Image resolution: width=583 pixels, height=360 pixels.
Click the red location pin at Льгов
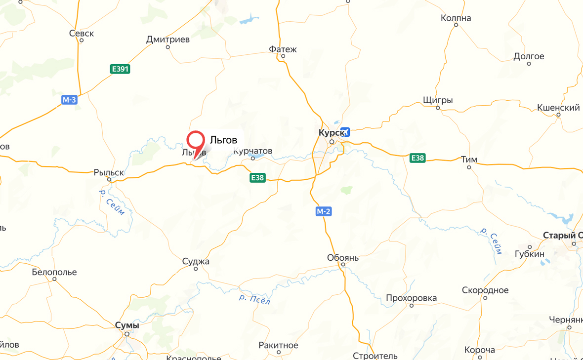point(196,141)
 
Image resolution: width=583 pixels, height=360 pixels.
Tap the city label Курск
point(330,133)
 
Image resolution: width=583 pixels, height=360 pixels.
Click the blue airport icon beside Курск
point(345,132)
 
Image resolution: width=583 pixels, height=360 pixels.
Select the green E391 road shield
point(120,69)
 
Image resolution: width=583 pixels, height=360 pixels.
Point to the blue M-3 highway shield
point(69,100)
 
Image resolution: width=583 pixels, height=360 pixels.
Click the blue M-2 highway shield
point(324,211)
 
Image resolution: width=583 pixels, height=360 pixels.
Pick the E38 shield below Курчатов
point(257,178)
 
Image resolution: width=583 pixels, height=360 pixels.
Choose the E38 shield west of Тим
point(417,158)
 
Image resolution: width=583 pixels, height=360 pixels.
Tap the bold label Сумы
point(127,325)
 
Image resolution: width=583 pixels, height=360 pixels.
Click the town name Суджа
point(196,261)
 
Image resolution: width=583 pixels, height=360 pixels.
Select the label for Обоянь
point(343,258)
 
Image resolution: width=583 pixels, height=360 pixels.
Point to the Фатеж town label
point(283,49)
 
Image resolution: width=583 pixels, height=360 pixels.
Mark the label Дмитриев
point(168,40)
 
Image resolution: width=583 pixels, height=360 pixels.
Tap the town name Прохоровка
point(411,298)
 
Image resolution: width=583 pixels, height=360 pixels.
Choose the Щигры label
point(438,100)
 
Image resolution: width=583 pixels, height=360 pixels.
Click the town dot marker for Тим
point(469,167)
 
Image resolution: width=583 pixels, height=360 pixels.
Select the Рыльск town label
point(109,173)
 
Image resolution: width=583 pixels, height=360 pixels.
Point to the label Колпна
point(456,18)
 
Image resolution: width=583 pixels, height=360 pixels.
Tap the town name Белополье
point(54,272)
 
